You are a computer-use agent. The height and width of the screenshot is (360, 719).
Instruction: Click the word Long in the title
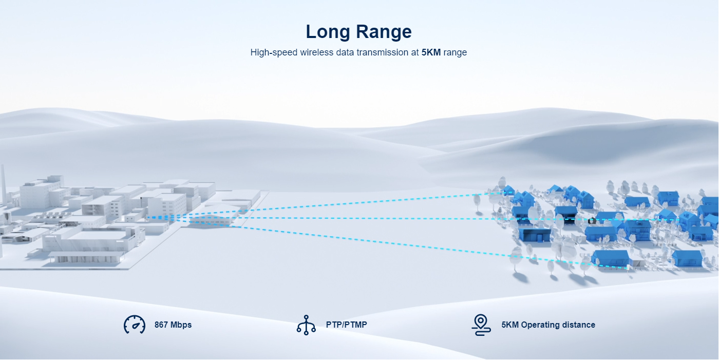pos(328,32)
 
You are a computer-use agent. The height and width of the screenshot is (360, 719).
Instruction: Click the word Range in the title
pos(384,32)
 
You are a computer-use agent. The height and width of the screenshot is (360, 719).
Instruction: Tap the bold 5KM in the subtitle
pos(431,52)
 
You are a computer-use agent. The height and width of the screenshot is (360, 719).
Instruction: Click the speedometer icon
pos(135,325)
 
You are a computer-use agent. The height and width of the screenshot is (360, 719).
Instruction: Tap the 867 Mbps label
pos(173,325)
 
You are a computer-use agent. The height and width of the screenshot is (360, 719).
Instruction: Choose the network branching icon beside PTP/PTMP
pos(306,325)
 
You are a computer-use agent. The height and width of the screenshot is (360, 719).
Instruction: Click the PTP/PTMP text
pos(346,325)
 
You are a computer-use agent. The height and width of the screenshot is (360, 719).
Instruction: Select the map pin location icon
pos(481,325)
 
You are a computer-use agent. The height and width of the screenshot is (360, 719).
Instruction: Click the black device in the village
pos(592,221)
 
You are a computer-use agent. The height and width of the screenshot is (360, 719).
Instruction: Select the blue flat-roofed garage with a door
pos(535,235)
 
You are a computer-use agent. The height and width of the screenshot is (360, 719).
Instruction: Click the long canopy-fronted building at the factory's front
pos(86,256)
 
